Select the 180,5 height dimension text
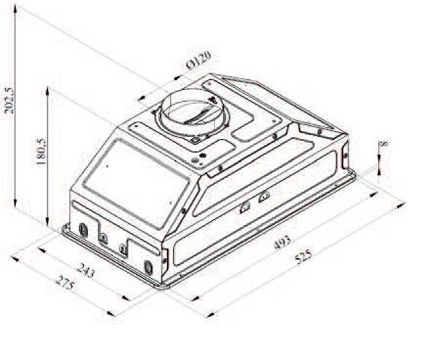point(41,152)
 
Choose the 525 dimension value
point(303,256)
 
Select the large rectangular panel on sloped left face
point(135,182)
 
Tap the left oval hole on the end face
point(83,230)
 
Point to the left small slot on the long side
point(245,207)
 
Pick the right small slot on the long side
point(264,196)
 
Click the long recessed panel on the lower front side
point(254,211)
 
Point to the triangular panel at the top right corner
point(320,132)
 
